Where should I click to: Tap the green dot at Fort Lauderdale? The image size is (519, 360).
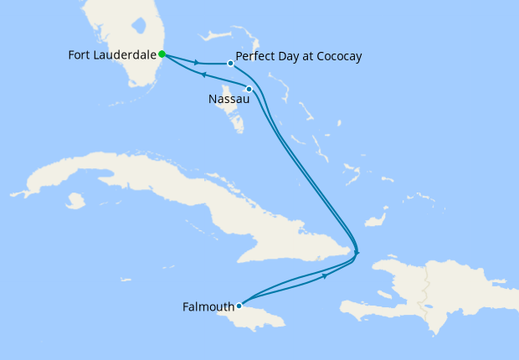tap(162, 54)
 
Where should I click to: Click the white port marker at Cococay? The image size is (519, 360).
tap(230, 63)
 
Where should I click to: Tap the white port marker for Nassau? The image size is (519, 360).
tap(249, 89)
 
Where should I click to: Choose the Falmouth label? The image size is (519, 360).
tap(208, 307)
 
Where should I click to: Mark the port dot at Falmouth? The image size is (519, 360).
tap(239, 306)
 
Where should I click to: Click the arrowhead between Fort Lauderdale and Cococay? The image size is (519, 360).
tap(197, 62)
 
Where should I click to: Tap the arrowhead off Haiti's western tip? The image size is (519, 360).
tap(357, 251)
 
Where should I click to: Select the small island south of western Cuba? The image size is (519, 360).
tap(76, 201)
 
